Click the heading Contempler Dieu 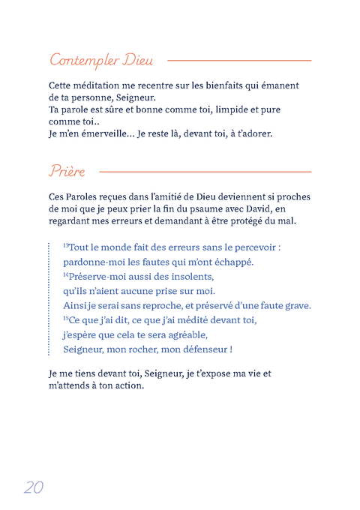(x=101, y=59)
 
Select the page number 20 (x=34, y=486)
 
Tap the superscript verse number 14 (x=65, y=274)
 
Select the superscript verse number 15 (x=65, y=319)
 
